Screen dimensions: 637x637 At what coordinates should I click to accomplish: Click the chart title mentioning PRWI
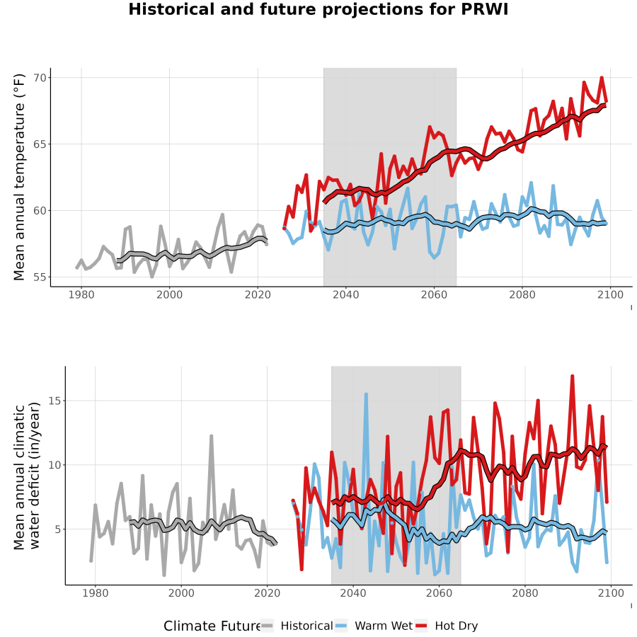pyautogui.click(x=318, y=9)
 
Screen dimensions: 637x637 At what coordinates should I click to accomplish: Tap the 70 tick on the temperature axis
pyautogui.click(x=40, y=78)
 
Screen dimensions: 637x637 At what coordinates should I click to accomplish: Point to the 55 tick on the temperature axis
pyautogui.click(x=40, y=277)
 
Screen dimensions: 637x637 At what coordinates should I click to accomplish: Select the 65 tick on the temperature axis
pyautogui.click(x=40, y=144)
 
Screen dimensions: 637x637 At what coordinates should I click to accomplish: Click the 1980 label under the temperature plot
pyautogui.click(x=81, y=294)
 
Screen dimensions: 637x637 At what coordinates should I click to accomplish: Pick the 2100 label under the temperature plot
pyautogui.click(x=610, y=294)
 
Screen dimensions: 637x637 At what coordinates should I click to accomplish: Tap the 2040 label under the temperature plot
pyautogui.click(x=345, y=294)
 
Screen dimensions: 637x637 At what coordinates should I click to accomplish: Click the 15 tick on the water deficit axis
pyautogui.click(x=54, y=401)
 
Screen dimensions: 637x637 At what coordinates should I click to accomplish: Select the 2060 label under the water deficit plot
pyautogui.click(x=439, y=593)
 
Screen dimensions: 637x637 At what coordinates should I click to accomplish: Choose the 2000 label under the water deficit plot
pyautogui.click(x=181, y=593)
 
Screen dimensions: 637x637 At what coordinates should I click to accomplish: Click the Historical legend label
pyautogui.click(x=306, y=626)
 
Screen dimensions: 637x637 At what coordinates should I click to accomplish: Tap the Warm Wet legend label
pyautogui.click(x=384, y=626)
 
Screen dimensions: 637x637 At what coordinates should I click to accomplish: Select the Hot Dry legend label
pyautogui.click(x=457, y=626)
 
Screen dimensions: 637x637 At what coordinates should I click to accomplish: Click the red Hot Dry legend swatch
pyautogui.click(x=421, y=626)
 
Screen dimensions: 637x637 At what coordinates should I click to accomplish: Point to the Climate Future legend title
pyautogui.click(x=212, y=626)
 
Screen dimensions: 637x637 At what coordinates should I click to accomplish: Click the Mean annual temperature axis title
pyautogui.click(x=19, y=177)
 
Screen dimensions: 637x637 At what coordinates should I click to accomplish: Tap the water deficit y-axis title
pyautogui.click(x=27, y=476)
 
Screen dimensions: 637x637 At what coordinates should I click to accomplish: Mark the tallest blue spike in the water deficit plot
pyautogui.click(x=366, y=394)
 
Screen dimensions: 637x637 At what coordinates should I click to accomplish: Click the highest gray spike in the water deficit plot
pyautogui.click(x=211, y=436)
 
